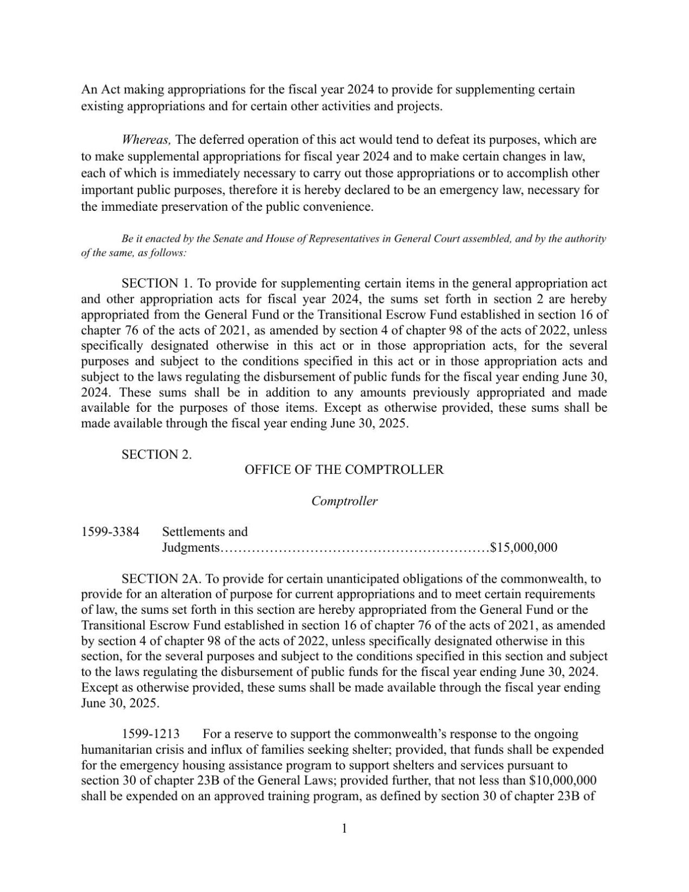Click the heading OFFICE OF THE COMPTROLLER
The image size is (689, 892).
[344, 469]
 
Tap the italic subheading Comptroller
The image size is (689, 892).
[344, 501]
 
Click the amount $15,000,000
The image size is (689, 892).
[523, 547]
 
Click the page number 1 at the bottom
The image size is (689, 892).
[344, 828]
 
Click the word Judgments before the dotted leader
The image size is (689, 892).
[191, 547]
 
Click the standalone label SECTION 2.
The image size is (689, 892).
[156, 454]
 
